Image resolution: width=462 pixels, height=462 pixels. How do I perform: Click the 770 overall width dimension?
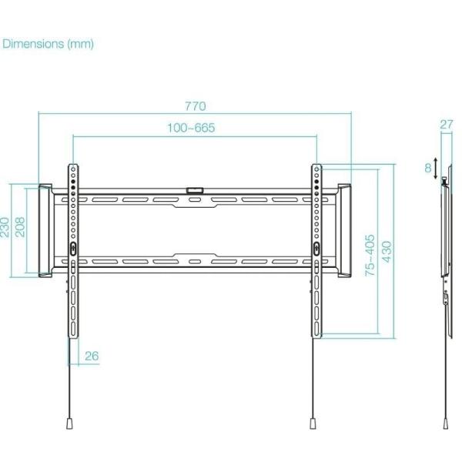click(196, 106)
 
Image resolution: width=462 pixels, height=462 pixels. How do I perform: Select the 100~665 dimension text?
click(191, 128)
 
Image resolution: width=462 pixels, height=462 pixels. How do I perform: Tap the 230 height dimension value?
click(7, 228)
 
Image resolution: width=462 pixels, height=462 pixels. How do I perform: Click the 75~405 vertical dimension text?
click(370, 255)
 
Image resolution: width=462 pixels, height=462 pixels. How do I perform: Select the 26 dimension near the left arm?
click(92, 356)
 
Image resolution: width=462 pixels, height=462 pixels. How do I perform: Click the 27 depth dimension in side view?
click(447, 124)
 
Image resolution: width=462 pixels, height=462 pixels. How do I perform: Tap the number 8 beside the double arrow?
click(428, 167)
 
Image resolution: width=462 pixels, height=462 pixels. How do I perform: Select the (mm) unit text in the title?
click(80, 44)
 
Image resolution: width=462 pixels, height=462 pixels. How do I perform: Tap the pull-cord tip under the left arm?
click(69, 423)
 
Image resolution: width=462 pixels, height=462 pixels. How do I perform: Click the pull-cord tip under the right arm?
click(313, 423)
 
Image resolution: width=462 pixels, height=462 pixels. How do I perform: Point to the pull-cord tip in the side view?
click(447, 423)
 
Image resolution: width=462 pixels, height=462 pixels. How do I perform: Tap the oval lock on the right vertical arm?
click(316, 248)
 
